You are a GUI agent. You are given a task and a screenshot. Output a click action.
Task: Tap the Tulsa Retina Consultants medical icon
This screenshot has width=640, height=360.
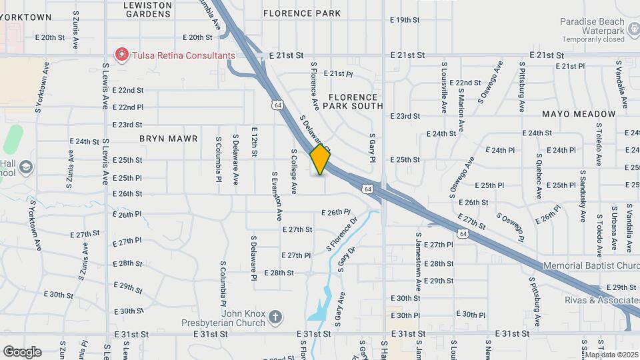point(121,55)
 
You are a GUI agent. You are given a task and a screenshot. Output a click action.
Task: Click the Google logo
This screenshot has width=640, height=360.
point(22,351)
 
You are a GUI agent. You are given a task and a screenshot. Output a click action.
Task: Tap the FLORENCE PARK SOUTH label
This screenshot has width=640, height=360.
point(353,101)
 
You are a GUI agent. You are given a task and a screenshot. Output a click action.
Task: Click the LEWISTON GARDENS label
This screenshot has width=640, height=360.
point(148,9)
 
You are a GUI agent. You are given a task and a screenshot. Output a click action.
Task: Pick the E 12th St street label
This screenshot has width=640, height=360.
point(255,141)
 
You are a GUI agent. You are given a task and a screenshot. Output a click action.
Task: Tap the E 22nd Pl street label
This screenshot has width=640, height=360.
point(127,107)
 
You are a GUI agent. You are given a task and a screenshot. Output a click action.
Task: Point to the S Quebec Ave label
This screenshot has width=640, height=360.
point(539,176)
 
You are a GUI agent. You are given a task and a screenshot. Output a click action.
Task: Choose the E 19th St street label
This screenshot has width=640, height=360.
point(405,20)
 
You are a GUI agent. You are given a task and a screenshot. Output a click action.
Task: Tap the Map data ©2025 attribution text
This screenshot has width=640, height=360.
point(611,354)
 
